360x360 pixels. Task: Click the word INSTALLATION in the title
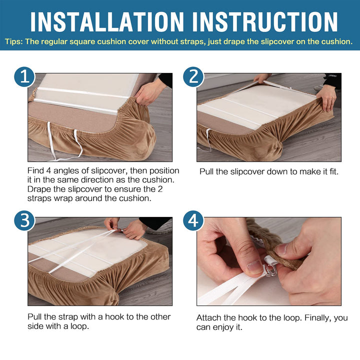107,22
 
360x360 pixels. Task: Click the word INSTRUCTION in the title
265,22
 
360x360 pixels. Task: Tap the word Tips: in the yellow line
14,41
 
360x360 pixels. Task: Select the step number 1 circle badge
24,77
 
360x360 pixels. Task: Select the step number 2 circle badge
193,77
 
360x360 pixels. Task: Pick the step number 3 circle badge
24,220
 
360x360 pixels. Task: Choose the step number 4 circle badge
193,220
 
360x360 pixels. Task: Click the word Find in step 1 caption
35,170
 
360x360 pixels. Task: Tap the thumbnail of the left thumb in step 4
254,267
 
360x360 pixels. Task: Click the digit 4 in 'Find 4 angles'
48,170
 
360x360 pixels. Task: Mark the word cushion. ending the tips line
336,41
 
